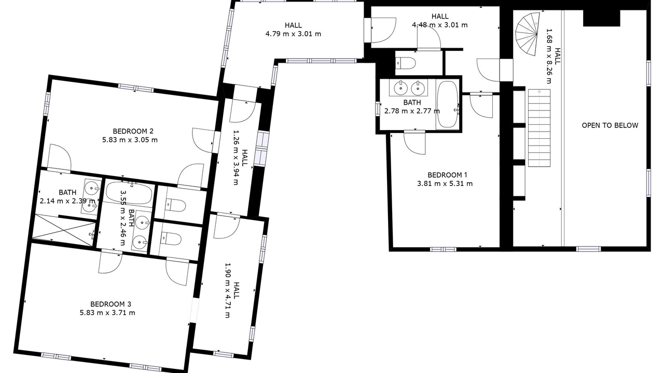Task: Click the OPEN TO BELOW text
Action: click(x=610, y=125)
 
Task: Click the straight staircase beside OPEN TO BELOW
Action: click(x=539, y=127)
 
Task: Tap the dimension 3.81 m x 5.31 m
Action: click(x=445, y=184)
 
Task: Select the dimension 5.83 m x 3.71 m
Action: click(x=107, y=313)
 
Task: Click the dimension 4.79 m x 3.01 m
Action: click(x=293, y=34)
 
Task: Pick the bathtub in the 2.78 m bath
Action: click(x=448, y=105)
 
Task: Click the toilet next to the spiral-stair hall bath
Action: click(x=406, y=63)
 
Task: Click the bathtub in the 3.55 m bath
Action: click(x=129, y=193)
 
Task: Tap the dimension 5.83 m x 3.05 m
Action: click(x=130, y=140)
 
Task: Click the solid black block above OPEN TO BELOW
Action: click(x=601, y=18)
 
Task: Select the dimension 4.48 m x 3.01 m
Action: click(x=440, y=25)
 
